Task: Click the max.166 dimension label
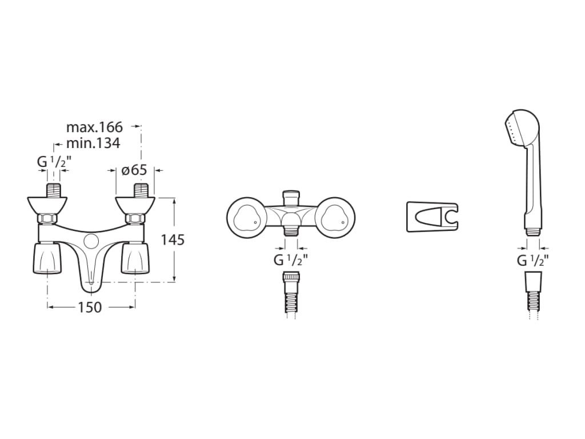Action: coord(94,127)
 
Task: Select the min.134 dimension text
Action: coord(93,143)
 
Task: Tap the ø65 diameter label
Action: coord(134,170)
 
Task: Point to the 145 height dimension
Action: coord(173,240)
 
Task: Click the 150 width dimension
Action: coord(90,307)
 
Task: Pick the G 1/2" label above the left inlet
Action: coord(54,162)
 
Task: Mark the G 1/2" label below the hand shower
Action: coord(533,260)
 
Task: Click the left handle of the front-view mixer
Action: coord(47,258)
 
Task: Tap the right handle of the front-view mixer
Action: coord(135,258)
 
